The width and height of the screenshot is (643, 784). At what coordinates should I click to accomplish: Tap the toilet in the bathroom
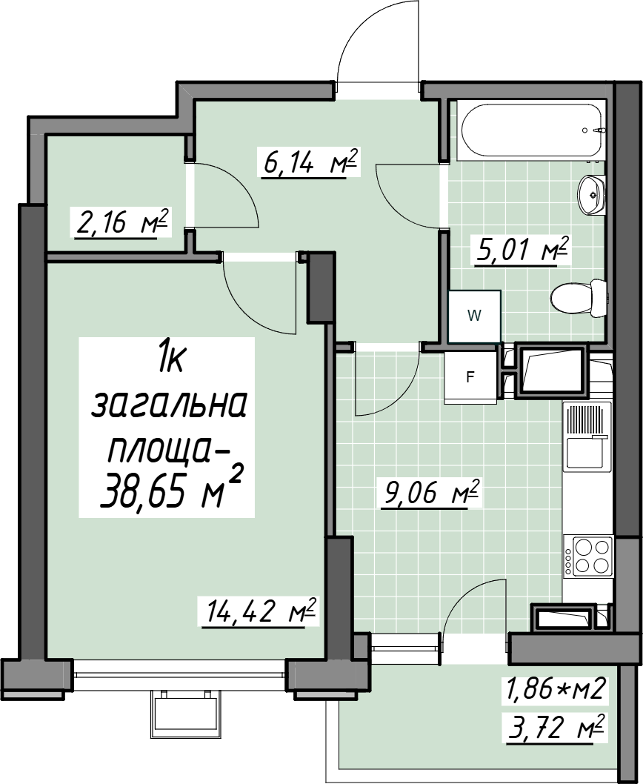point(579,299)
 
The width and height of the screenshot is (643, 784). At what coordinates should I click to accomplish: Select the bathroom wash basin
point(591,194)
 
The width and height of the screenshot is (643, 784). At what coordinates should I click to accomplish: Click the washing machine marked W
point(474,316)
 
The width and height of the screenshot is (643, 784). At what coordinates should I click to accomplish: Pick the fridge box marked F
point(470,377)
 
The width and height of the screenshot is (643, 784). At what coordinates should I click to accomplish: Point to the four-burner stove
point(588,556)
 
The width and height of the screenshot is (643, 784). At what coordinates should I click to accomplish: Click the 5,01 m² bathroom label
point(522,250)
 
